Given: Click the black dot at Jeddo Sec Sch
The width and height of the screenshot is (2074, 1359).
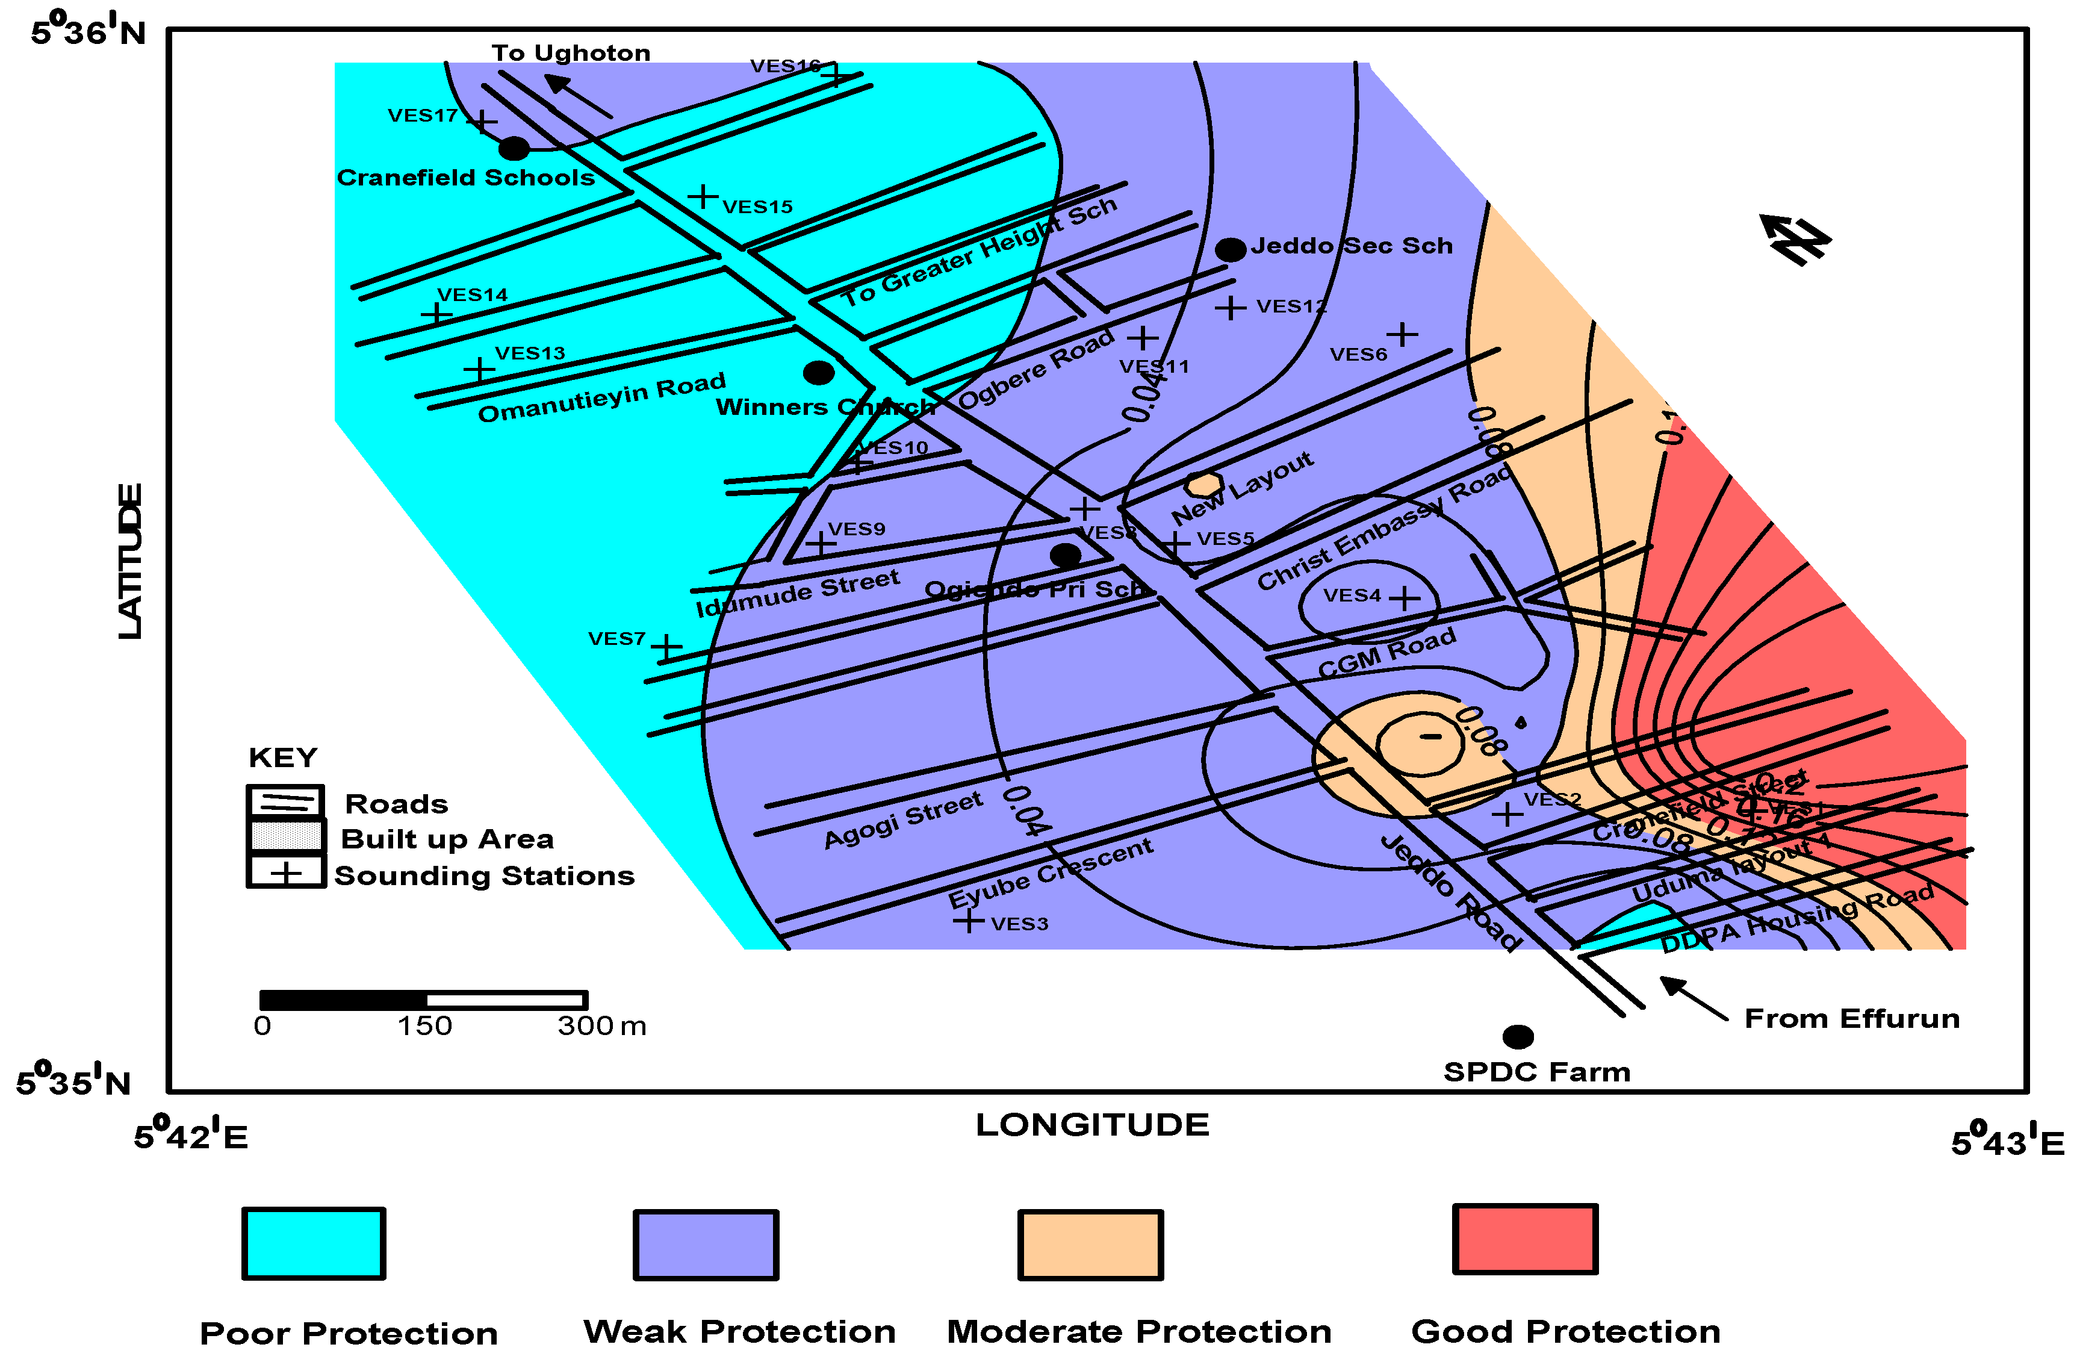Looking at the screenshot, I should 1229,250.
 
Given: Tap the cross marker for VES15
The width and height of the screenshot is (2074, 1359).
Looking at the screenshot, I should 703,196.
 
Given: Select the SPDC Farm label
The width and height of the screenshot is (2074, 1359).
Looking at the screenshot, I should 1536,1071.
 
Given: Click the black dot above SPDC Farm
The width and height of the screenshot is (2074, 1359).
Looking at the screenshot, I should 1517,1036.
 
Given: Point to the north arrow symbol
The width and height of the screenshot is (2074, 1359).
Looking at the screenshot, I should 1795,239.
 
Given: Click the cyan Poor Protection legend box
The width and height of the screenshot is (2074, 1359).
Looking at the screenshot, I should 314,1243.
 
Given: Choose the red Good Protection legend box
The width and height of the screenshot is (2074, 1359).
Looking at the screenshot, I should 1524,1239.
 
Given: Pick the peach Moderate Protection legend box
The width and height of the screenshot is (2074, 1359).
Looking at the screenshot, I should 1090,1244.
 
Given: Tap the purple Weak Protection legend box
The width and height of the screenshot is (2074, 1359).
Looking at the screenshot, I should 705,1244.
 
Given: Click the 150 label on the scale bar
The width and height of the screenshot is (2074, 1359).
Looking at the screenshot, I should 424,1026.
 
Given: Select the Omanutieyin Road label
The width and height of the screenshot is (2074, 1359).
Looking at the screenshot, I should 601,397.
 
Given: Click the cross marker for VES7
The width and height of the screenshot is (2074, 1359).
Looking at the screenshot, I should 666,648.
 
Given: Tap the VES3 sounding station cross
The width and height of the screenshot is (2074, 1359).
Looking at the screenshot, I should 968,921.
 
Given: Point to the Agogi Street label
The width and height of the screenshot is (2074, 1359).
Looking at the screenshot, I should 903,819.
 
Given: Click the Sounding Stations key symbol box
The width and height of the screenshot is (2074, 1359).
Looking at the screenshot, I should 286,872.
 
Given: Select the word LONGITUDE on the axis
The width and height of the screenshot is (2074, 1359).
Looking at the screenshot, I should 1092,1125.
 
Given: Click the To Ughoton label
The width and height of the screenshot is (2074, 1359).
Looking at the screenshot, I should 571,53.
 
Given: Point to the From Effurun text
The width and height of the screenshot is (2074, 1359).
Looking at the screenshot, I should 1852,1018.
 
